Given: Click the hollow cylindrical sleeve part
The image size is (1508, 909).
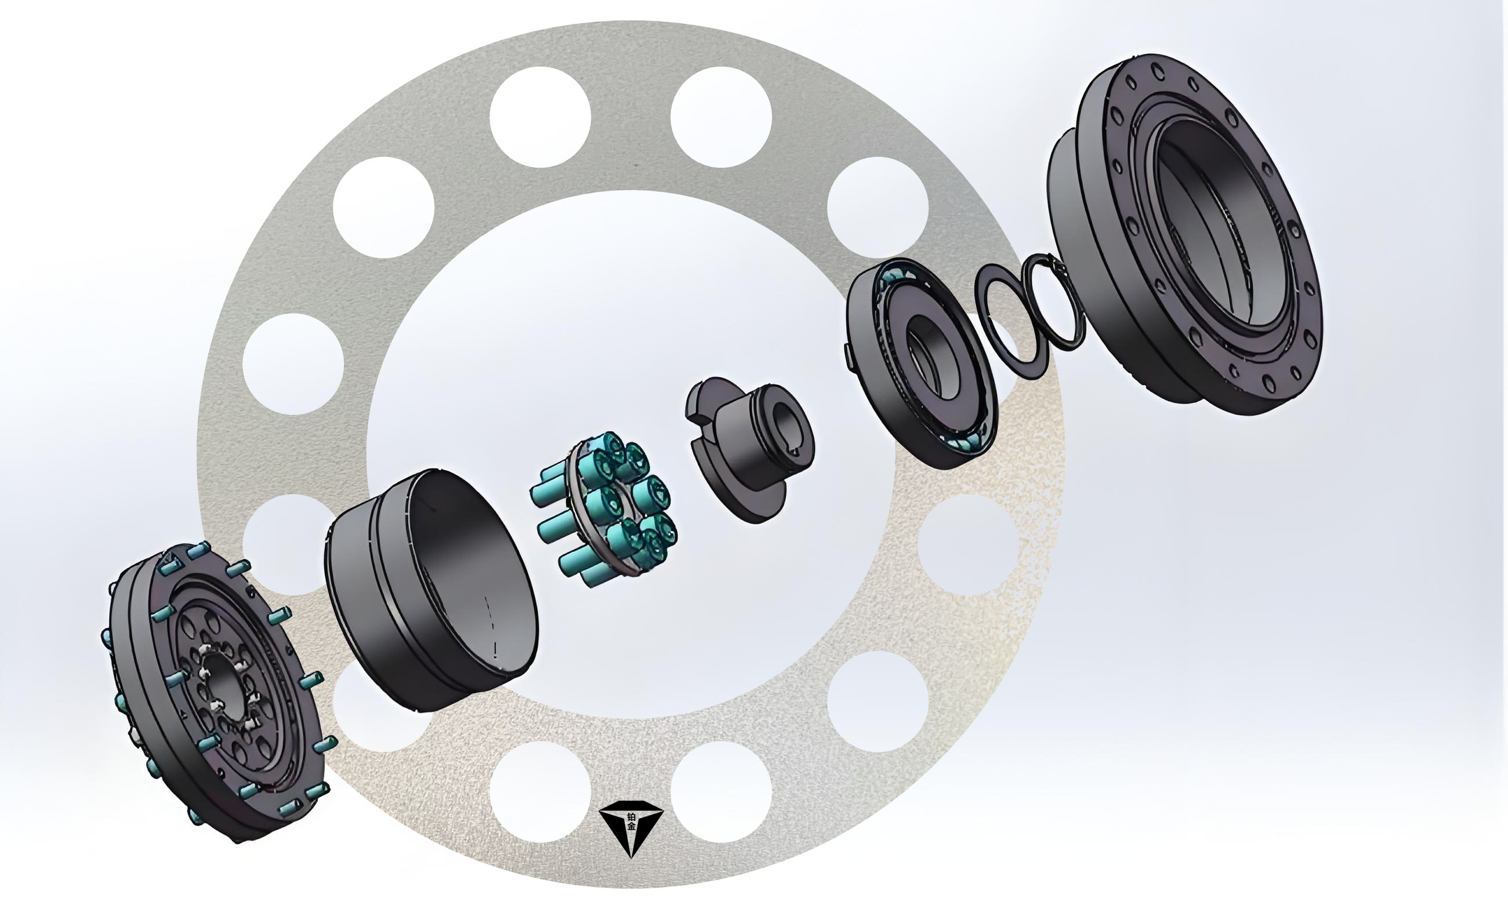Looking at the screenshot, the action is click(x=431, y=591).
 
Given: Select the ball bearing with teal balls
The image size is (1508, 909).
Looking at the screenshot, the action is click(x=921, y=363).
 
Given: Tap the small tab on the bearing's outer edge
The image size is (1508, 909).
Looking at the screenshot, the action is click(x=850, y=357).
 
